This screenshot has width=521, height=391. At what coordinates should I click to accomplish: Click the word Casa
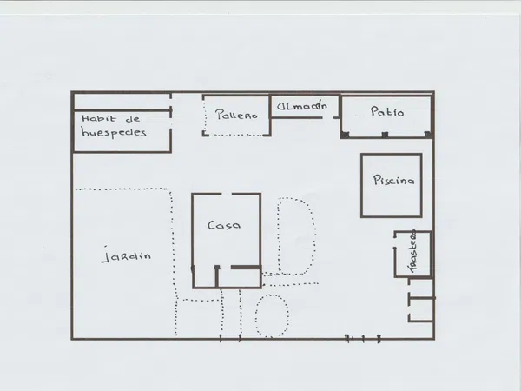pyautogui.click(x=224, y=225)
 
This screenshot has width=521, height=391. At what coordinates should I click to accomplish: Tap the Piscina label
pyautogui.click(x=393, y=180)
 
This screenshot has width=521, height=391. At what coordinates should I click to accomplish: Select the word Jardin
pyautogui.click(x=126, y=255)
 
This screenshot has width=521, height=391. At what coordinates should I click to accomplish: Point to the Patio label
pyautogui.click(x=387, y=111)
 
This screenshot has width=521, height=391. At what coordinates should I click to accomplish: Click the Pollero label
pyautogui.click(x=236, y=115)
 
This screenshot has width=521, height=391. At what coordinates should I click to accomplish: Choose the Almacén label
pyautogui.click(x=302, y=106)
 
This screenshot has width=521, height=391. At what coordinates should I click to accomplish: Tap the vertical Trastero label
pyautogui.click(x=412, y=251)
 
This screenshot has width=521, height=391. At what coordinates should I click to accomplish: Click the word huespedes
pyautogui.click(x=114, y=133)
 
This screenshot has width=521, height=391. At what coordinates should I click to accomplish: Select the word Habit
pyautogui.click(x=99, y=118)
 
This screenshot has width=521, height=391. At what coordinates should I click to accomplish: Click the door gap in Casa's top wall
pyautogui.click(x=227, y=194)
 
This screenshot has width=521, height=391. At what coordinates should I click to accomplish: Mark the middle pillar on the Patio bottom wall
pyautogui.click(x=385, y=135)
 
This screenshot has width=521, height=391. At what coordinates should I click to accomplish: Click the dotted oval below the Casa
pyautogui.click(x=272, y=316)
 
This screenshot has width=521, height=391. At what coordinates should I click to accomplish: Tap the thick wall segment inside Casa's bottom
pyautogui.click(x=246, y=267)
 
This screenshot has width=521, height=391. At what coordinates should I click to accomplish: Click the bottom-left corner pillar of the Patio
pyautogui.click(x=345, y=135)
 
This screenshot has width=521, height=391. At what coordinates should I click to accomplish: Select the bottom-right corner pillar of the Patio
pyautogui.click(x=428, y=135)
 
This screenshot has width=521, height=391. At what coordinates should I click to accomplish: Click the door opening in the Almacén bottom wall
pyautogui.click(x=328, y=117)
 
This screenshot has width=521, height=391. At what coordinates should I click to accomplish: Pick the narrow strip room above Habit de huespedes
pyautogui.click(x=122, y=102)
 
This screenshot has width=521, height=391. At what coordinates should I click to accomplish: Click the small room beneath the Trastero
pyautogui.click(x=421, y=310)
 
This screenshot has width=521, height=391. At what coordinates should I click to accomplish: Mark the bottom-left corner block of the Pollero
pyautogui.click(x=205, y=134)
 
